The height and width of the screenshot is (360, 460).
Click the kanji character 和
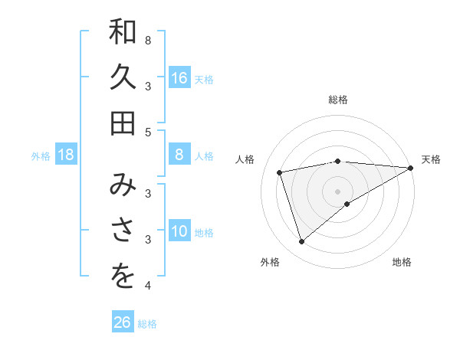123,33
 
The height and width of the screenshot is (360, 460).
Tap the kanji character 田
123,123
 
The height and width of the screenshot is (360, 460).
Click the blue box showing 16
179,78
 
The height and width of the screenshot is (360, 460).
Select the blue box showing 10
179,232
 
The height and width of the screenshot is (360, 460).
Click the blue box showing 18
67,155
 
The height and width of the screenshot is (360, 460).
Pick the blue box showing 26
123,322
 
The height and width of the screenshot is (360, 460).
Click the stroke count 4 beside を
147,286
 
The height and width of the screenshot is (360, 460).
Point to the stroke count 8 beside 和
147,40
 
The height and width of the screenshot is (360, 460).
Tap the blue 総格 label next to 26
147,324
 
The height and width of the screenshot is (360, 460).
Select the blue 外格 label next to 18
41,156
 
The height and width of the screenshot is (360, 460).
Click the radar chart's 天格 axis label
431,159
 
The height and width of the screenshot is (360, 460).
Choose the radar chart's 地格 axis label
402,262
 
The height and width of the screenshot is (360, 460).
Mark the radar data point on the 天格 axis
411,168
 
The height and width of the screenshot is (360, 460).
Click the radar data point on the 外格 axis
301,242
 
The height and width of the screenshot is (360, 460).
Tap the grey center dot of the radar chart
337,191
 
